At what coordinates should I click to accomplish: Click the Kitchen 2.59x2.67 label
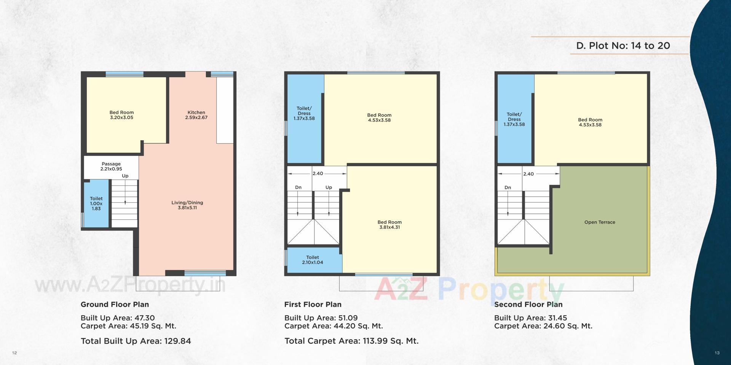pyautogui.click(x=196, y=115)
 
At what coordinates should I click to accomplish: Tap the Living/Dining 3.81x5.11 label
pyautogui.click(x=187, y=205)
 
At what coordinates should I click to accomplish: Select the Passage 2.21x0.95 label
pyautogui.click(x=111, y=166)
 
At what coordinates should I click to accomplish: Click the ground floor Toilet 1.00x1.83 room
pyautogui.click(x=96, y=204)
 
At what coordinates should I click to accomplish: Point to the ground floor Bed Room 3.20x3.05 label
pyautogui.click(x=121, y=115)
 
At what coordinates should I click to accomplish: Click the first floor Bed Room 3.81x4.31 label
pyautogui.click(x=389, y=224)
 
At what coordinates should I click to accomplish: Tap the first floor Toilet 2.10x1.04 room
pyautogui.click(x=313, y=260)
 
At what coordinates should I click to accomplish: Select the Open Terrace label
pyautogui.click(x=600, y=222)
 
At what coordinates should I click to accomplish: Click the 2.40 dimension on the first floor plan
pyautogui.click(x=318, y=173)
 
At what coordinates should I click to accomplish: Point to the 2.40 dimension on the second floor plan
pyautogui.click(x=528, y=174)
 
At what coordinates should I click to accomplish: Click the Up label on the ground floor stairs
pyautogui.click(x=125, y=176)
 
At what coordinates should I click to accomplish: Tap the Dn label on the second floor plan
pyautogui.click(x=508, y=187)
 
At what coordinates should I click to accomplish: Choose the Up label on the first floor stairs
pyautogui.click(x=329, y=187)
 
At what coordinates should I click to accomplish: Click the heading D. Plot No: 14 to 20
pyautogui.click(x=623, y=46)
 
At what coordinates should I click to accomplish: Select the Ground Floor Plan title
pyautogui.click(x=115, y=304)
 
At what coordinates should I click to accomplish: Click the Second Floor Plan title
pyautogui.click(x=528, y=304)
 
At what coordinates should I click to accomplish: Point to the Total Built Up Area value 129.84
pyautogui.click(x=177, y=341)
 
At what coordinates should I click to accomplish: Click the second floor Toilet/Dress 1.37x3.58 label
pyautogui.click(x=514, y=119)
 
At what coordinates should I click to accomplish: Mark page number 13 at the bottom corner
pyautogui.click(x=717, y=353)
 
